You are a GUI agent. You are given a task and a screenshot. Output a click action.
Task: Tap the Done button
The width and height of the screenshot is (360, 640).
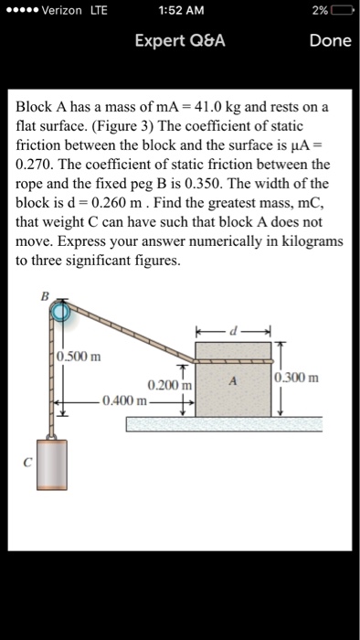[330, 41]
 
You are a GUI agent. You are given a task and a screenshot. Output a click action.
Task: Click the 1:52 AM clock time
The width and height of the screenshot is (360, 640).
[179, 10]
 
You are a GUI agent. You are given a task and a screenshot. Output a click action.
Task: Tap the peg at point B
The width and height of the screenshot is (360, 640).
[60, 314]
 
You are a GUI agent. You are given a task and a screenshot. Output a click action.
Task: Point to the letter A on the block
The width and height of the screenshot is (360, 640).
[234, 384]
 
